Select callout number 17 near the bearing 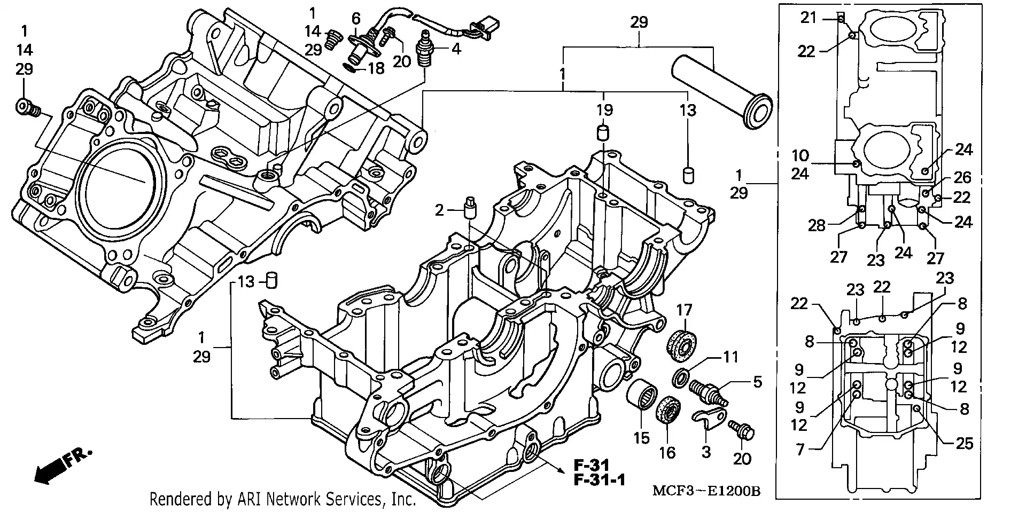pyautogui.click(x=684, y=310)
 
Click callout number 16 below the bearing pyautogui.click(x=667, y=453)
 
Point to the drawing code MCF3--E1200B pyautogui.click(x=705, y=491)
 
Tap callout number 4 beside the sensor pyautogui.click(x=455, y=49)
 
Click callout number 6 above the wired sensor pyautogui.click(x=356, y=19)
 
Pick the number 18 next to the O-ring pyautogui.click(x=376, y=69)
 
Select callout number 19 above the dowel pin pyautogui.click(x=604, y=111)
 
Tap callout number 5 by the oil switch pyautogui.click(x=757, y=382)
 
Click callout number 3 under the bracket pyautogui.click(x=706, y=452)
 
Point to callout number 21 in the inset pyautogui.click(x=809, y=18)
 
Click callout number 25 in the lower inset pyautogui.click(x=964, y=443)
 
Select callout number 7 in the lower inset pyautogui.click(x=799, y=450)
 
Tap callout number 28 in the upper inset pyautogui.click(x=817, y=225)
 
